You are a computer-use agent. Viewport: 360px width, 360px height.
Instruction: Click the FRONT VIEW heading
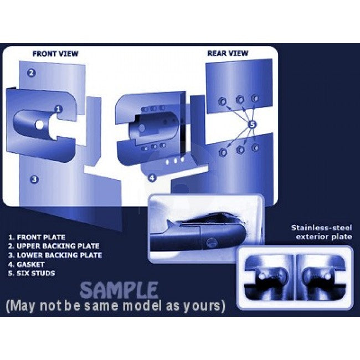click(x=55, y=54)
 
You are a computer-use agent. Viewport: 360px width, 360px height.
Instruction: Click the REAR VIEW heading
click(x=228, y=53)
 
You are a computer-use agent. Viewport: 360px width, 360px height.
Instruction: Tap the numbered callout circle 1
click(x=59, y=109)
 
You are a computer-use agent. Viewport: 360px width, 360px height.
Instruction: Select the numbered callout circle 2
click(x=32, y=73)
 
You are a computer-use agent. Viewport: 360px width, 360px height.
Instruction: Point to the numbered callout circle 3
click(x=34, y=179)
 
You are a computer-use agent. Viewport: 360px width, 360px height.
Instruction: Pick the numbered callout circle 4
click(x=152, y=177)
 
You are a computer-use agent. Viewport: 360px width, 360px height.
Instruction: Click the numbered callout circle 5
click(x=253, y=125)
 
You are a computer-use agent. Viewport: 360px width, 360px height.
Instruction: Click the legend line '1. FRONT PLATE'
click(x=37, y=237)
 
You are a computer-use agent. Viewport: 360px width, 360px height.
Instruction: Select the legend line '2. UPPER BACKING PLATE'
click(x=54, y=246)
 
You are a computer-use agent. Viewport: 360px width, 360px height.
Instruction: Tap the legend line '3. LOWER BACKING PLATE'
click(x=55, y=255)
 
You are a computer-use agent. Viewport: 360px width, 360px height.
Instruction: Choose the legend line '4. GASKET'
click(x=26, y=264)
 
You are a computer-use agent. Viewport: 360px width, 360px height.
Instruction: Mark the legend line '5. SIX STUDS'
click(x=32, y=273)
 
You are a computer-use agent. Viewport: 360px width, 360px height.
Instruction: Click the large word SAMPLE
click(x=119, y=290)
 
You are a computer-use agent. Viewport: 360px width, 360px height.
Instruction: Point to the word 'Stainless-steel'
click(x=321, y=228)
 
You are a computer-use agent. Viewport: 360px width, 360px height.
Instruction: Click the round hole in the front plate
click(x=39, y=125)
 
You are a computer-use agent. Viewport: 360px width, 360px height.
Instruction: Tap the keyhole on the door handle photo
click(x=211, y=243)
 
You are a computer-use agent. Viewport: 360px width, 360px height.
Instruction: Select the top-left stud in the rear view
click(x=222, y=101)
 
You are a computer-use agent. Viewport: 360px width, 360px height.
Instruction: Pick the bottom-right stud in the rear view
click(x=255, y=148)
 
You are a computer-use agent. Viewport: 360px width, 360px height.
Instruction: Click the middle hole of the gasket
click(x=176, y=161)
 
